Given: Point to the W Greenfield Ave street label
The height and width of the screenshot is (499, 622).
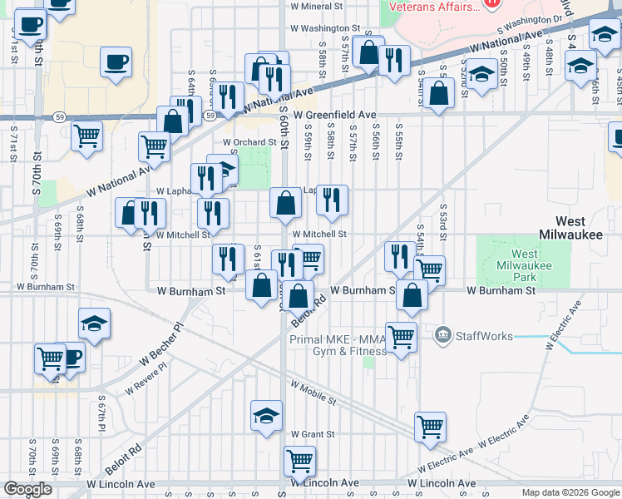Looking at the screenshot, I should (328, 114).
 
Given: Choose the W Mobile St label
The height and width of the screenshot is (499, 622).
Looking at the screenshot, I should (313, 393).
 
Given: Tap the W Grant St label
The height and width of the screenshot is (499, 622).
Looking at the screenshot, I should (313, 434).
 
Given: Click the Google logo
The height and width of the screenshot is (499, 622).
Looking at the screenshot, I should (27, 488).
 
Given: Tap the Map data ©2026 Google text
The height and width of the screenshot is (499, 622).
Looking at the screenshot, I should (570, 492).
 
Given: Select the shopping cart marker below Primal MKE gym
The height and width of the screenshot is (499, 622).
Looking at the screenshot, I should (401, 337).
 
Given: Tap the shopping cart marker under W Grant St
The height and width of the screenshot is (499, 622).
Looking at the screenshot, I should (299, 460).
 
